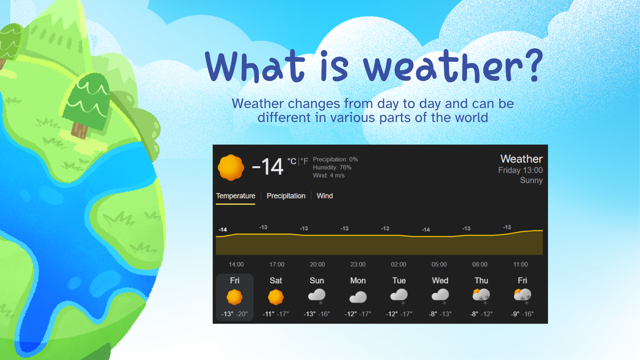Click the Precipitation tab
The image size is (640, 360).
286,196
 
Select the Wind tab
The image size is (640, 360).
324,196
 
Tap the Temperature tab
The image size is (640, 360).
236,196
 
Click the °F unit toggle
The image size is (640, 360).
304,162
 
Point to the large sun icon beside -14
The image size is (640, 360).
231,168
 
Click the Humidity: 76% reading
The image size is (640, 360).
332,168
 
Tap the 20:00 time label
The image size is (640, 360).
317,264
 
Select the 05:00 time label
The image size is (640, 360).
439,264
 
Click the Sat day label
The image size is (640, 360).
276,280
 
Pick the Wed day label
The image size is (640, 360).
440,280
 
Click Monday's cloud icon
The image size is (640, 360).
358,297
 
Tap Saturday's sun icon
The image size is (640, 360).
276,297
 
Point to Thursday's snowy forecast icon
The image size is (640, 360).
481,296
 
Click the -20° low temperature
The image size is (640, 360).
242,314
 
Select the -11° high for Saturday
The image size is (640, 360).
268,314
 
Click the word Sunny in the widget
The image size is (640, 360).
531,180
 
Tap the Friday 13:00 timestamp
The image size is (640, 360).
520,170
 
